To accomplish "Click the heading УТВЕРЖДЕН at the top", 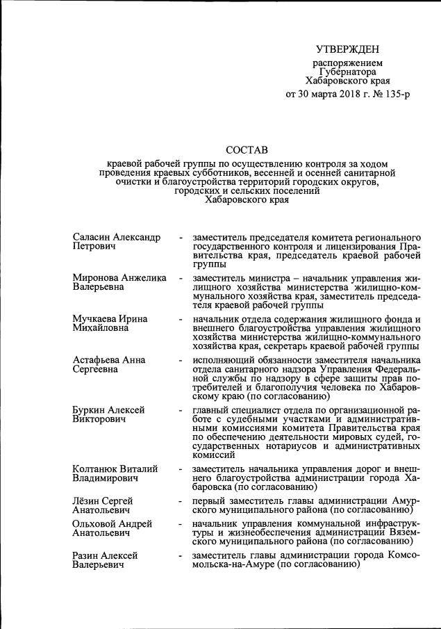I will coord(347,49).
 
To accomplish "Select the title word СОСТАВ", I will coord(247,149).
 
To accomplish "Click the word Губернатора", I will coord(348,72).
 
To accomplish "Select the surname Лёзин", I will coord(88,501).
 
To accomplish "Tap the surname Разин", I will coord(87,556).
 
